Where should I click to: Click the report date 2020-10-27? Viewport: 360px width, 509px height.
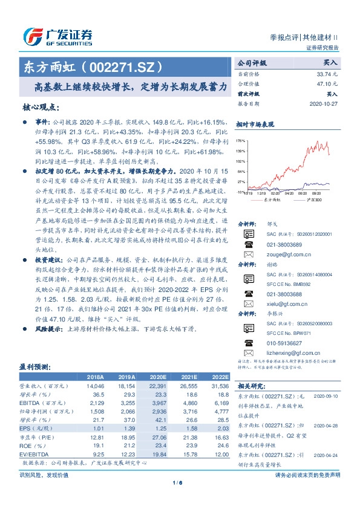point(324,103)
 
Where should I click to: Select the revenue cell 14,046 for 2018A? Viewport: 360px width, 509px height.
point(96,384)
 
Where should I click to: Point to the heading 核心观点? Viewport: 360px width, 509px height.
point(41,107)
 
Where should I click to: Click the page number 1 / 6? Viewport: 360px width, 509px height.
point(177,482)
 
